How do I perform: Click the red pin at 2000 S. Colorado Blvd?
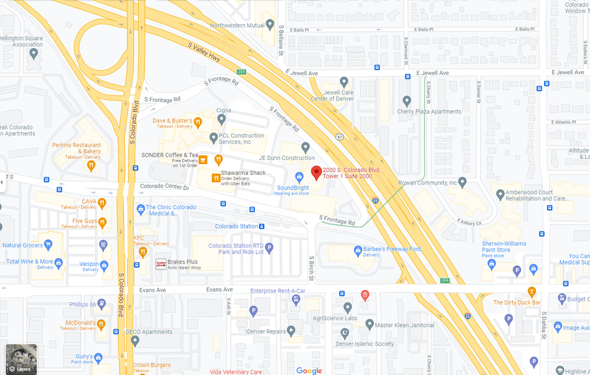point(316,172)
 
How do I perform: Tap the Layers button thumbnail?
point(21,359)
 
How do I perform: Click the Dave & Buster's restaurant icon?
point(198,123)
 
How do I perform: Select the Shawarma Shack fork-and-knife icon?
point(216,177)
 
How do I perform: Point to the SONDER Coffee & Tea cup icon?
point(202,159)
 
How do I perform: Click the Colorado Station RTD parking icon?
point(269,247)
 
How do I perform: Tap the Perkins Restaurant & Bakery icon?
point(91,165)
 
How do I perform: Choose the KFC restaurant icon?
point(142,253)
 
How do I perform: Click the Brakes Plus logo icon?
point(160,264)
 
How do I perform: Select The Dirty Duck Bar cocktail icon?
point(532,291)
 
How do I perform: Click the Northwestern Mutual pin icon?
point(270,25)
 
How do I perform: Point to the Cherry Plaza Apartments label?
point(429,112)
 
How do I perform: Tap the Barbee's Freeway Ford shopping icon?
point(358,250)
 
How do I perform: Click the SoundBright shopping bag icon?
point(299,177)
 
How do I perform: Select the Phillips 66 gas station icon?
point(102,304)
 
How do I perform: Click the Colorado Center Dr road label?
point(165,187)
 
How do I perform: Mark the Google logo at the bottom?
point(309,370)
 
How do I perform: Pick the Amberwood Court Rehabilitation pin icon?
point(500,193)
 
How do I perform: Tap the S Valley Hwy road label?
point(204,53)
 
